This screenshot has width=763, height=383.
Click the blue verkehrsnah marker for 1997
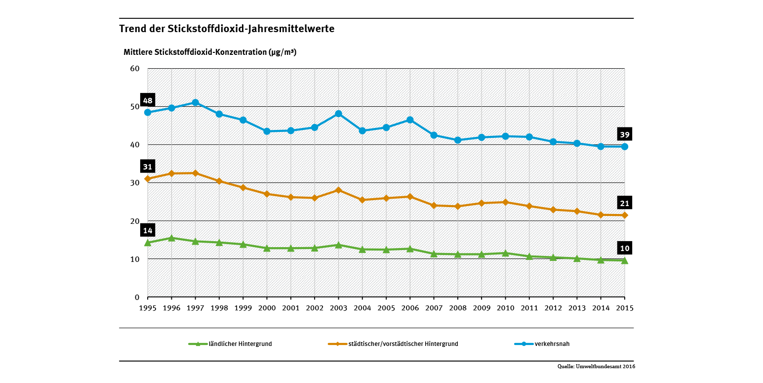pyautogui.click(x=195, y=103)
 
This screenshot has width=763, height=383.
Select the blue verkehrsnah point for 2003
pyautogui.click(x=338, y=114)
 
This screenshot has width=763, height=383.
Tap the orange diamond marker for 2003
pyautogui.click(x=338, y=190)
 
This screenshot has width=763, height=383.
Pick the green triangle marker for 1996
pyautogui.click(x=171, y=238)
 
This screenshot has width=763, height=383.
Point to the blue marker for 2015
pyautogui.click(x=625, y=146)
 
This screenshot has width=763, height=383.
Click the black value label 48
pyautogui.click(x=148, y=101)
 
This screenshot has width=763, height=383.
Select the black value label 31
pyautogui.click(x=148, y=167)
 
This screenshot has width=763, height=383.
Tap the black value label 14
pyautogui.click(x=148, y=230)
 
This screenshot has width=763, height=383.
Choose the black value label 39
pyautogui.click(x=625, y=135)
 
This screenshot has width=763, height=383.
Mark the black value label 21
pyautogui.click(x=625, y=203)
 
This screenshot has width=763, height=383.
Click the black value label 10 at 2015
pyautogui.click(x=625, y=249)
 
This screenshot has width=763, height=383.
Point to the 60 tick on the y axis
pyautogui.click(x=135, y=69)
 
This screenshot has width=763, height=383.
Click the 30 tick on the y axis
pyautogui.click(x=135, y=183)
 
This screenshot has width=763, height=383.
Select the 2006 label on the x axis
pyautogui.click(x=410, y=307)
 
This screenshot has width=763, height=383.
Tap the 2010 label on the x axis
pyautogui.click(x=505, y=307)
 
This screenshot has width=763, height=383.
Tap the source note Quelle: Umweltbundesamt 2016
pyautogui.click(x=596, y=367)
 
